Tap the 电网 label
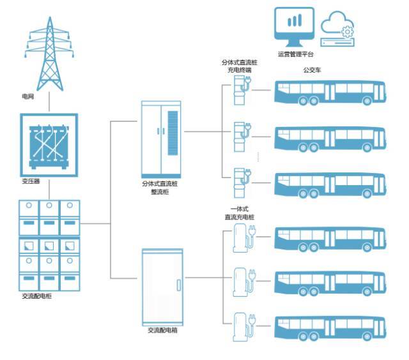pos(27,96)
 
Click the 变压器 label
pos(31,181)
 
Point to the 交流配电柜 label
pos(36,297)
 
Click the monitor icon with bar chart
pos(293,25)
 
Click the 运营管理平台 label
pos(296,54)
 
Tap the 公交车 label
pos(311,70)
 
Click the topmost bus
pos(329,93)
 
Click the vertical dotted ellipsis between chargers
pos(258,154)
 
